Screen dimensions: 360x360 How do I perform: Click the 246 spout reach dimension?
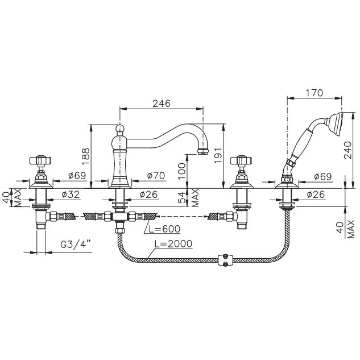point(162,104)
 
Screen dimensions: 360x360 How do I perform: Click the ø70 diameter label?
point(155,176)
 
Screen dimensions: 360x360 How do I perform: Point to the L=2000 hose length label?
point(172,244)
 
